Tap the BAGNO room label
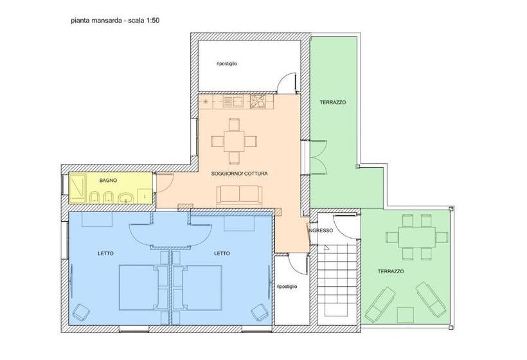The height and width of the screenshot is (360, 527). pyautogui.click(x=108, y=181)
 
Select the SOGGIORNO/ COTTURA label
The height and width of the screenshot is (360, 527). pyautogui.click(x=240, y=174)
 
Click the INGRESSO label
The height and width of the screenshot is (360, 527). pyautogui.click(x=320, y=230)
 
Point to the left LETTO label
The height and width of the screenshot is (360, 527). pyautogui.click(x=106, y=253)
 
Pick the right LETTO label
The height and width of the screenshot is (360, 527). pyautogui.click(x=222, y=253)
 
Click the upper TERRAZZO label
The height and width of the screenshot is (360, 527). pyautogui.click(x=333, y=103)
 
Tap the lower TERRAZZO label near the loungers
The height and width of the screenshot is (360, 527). pyautogui.click(x=391, y=271)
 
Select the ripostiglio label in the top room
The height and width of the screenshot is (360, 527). pyautogui.click(x=227, y=64)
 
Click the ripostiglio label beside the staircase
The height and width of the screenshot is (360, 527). pyautogui.click(x=287, y=287)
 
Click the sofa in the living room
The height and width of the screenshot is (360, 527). pyautogui.click(x=238, y=195)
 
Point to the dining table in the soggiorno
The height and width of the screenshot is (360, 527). pyautogui.click(x=234, y=139)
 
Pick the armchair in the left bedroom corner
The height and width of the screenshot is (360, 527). pyautogui.click(x=82, y=313)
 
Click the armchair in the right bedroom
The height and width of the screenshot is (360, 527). pyautogui.click(x=259, y=312)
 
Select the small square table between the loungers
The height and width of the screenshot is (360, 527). pyautogui.click(x=405, y=314)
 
